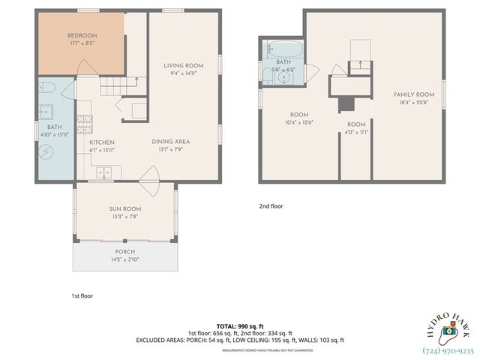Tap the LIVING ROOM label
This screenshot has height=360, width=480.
pos(184,66)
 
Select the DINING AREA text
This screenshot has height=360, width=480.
pos(169,141)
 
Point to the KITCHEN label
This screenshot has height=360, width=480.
pos(102,142)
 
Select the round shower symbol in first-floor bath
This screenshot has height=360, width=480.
pos(44,151)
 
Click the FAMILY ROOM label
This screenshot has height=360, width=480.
pos(415,94)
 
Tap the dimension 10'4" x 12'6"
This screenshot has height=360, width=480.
pos(299,122)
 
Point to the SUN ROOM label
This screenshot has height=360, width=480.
pos(126,209)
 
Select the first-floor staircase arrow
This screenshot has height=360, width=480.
pos(136,82)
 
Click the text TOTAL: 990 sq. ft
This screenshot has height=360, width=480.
pos(240,325)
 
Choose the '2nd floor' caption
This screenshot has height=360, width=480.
pos(271,205)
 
